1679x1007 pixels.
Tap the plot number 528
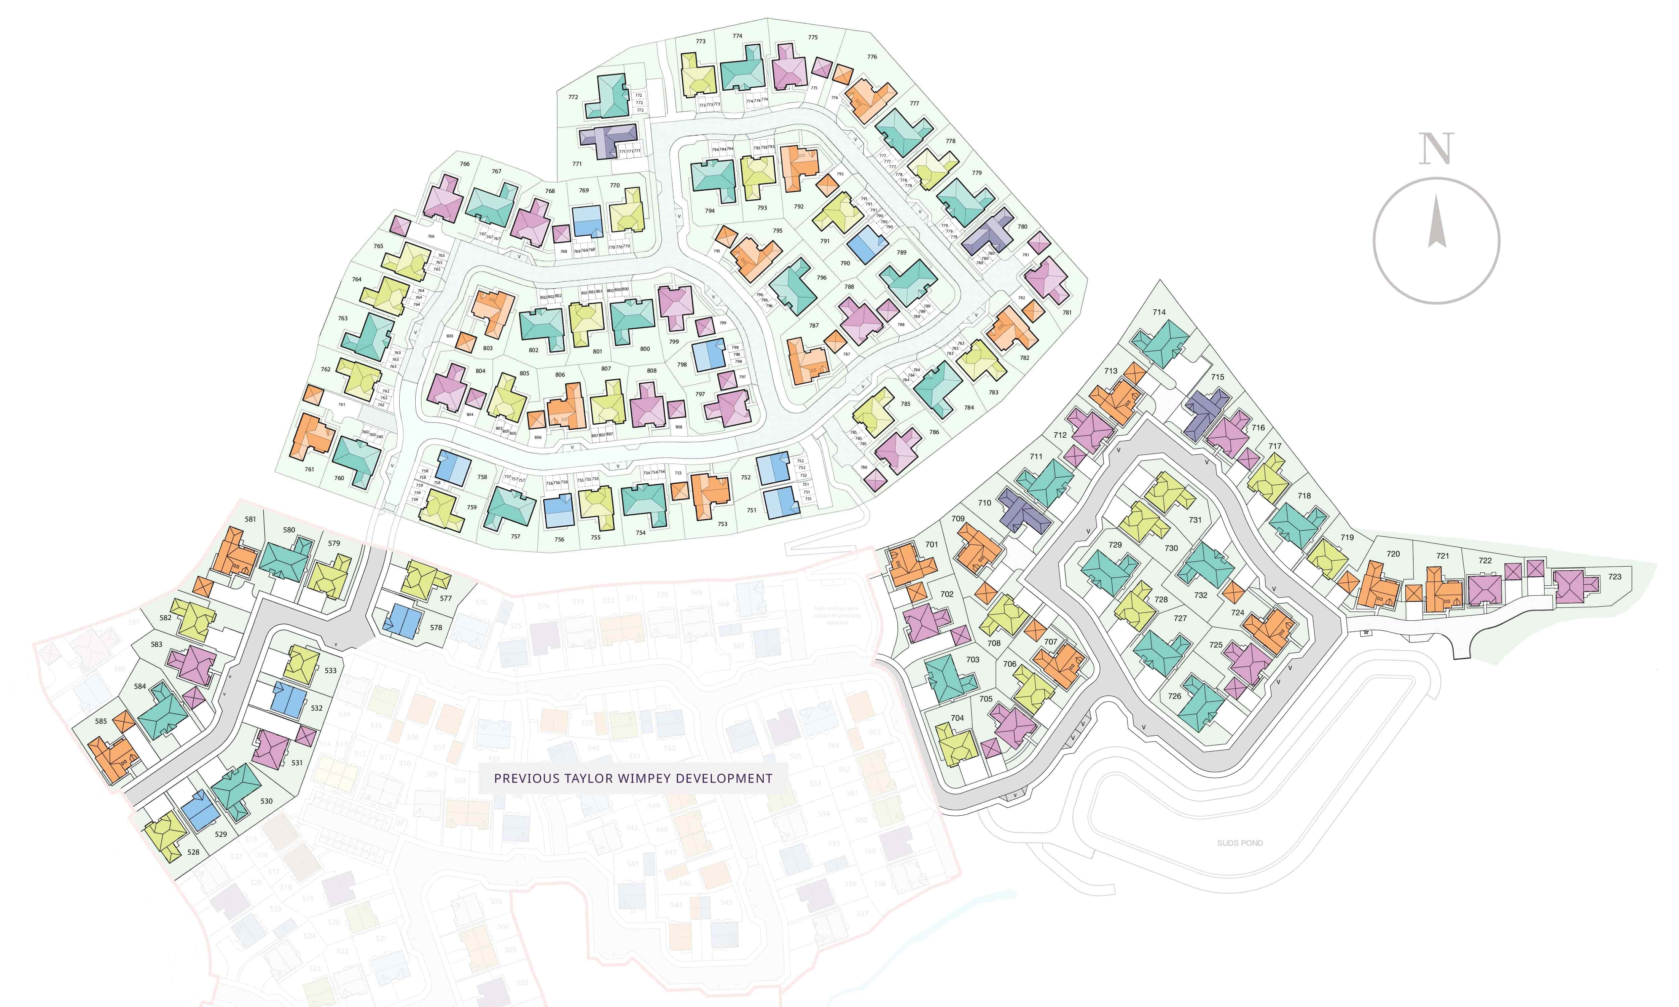tap(193, 852)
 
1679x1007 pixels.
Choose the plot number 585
tap(101, 721)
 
